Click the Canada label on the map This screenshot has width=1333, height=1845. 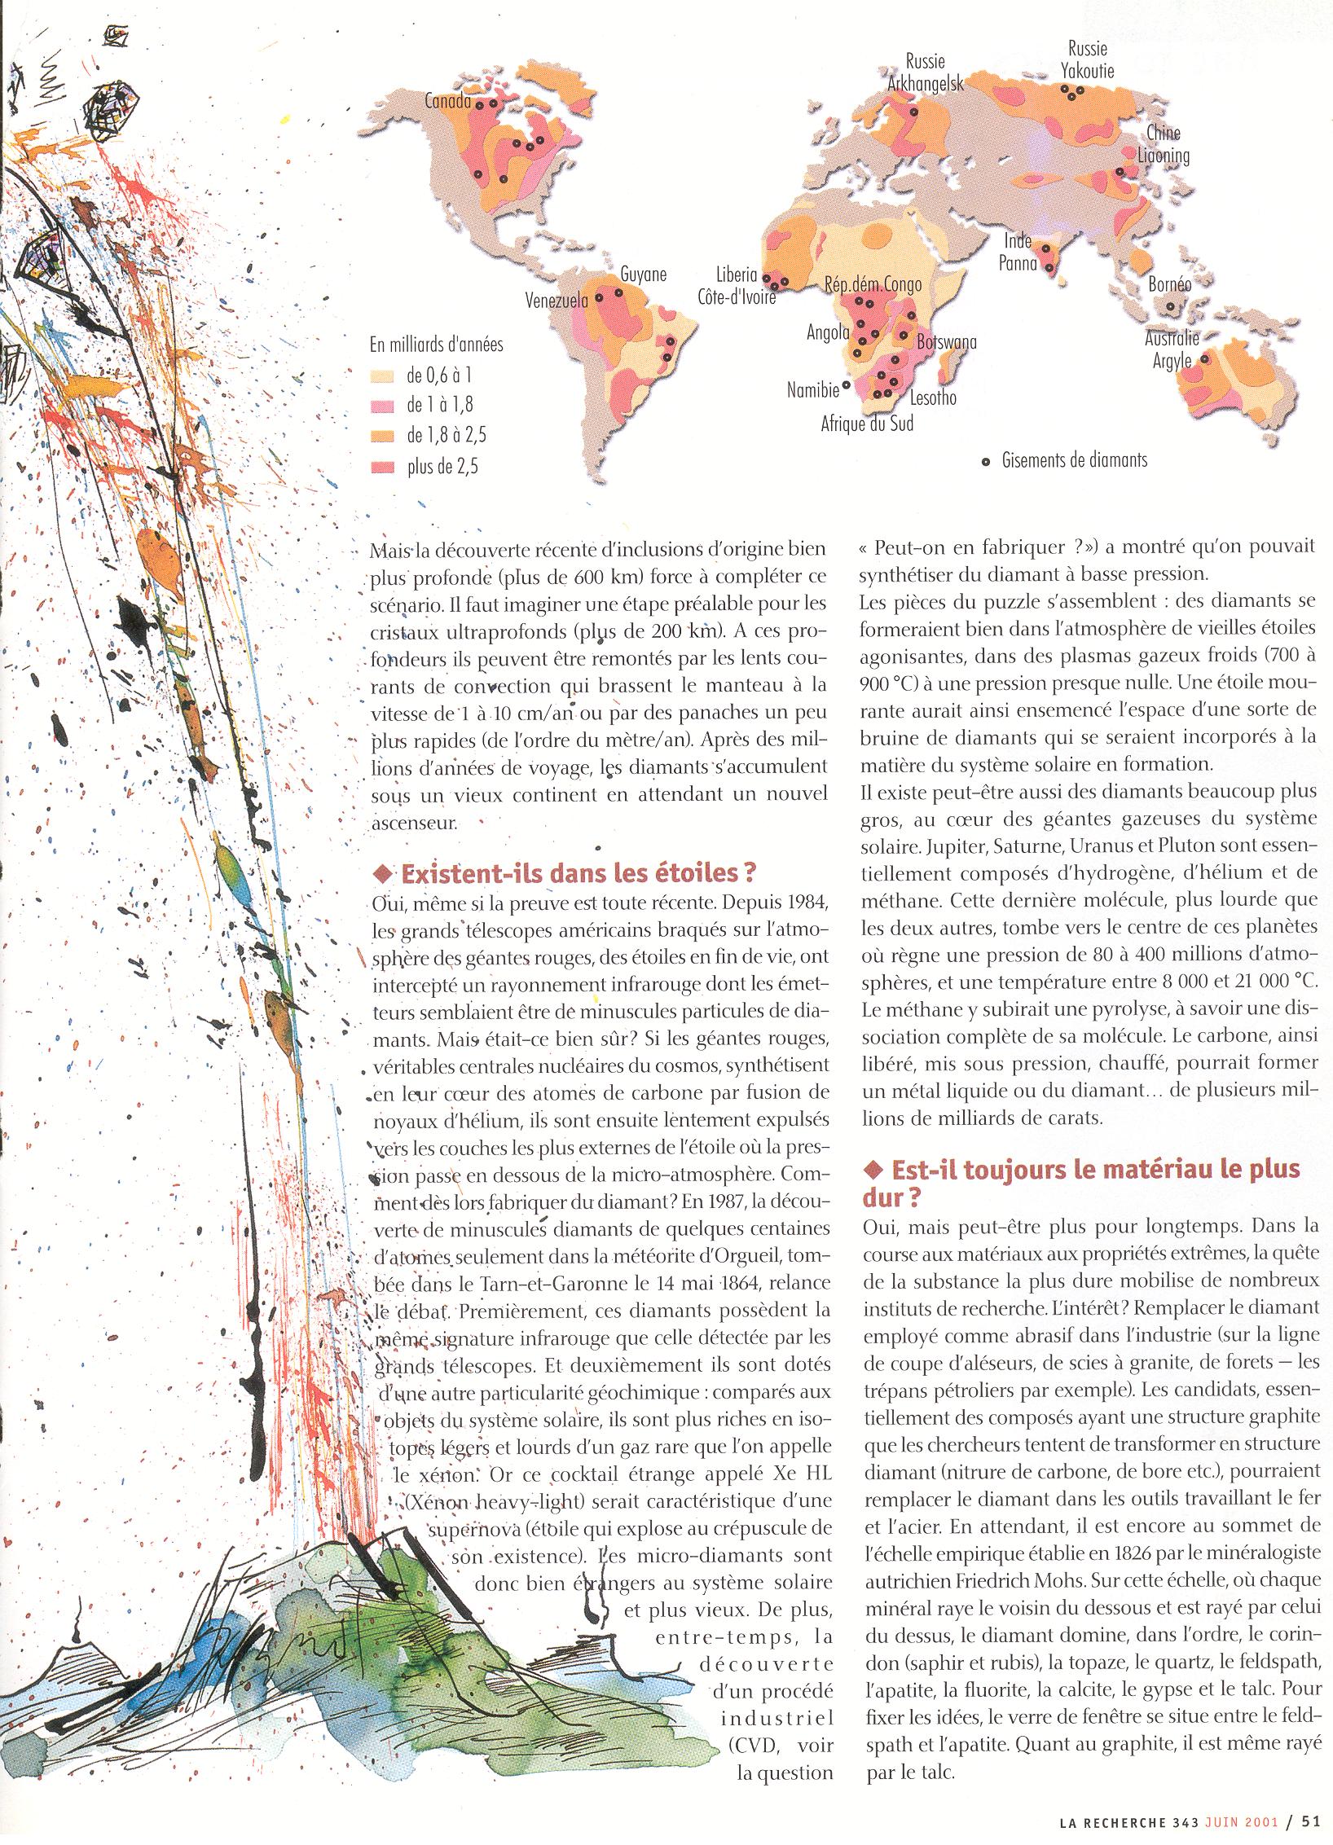tap(447, 102)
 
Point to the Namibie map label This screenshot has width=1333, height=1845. tap(812, 390)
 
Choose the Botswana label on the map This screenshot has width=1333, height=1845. tap(947, 343)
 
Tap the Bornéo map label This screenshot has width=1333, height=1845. tap(1169, 285)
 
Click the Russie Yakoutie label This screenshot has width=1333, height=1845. tap(1087, 60)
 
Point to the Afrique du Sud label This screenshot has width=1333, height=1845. tap(867, 424)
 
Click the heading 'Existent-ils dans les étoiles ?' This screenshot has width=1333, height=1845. tap(566, 873)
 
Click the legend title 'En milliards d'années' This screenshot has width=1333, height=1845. tap(437, 345)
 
